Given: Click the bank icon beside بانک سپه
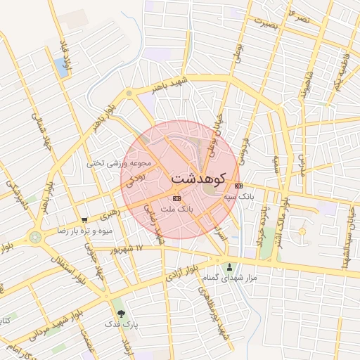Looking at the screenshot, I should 239,186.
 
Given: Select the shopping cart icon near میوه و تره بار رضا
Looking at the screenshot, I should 84,219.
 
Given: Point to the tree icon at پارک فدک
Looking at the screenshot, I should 122,313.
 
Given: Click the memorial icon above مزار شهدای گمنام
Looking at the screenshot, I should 230,266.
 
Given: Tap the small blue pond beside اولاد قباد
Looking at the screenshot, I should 60,67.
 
